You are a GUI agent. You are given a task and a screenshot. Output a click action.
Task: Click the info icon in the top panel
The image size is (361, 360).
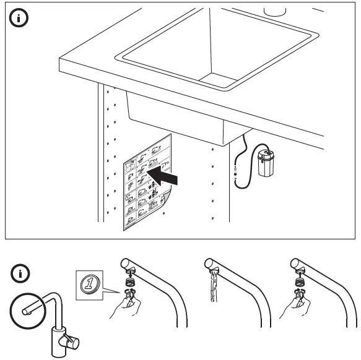pos(20,19)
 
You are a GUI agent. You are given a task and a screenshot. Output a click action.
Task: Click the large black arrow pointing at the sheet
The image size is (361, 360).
pos(167,176)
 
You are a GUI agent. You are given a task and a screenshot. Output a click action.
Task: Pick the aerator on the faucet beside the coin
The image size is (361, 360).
pos(129,280)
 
